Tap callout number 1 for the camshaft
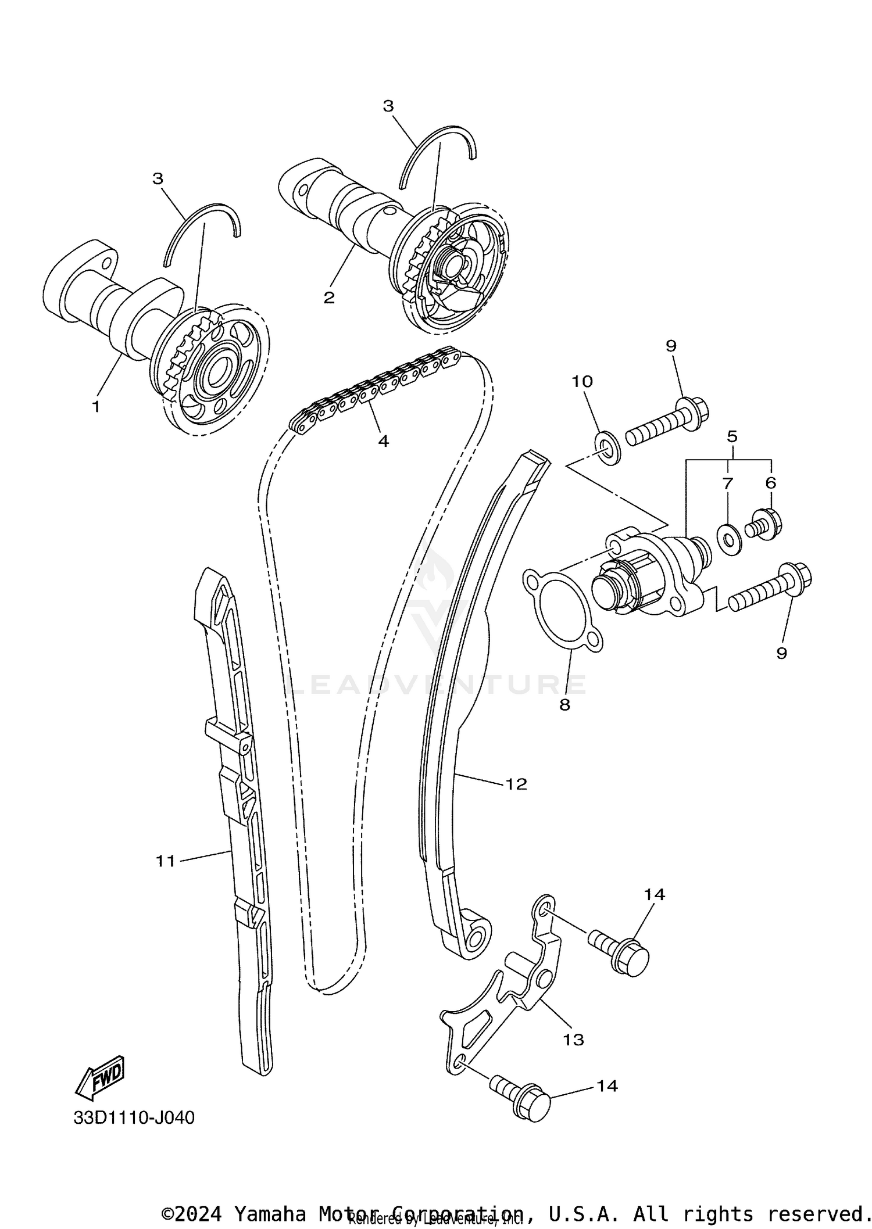pyautogui.click(x=97, y=406)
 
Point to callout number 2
pyautogui.click(x=329, y=298)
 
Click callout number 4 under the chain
pyautogui.click(x=383, y=441)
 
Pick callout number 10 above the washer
pyautogui.click(x=582, y=381)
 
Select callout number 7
pyautogui.click(x=728, y=483)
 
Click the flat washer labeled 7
pyautogui.click(x=729, y=539)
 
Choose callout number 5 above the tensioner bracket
pyautogui.click(x=732, y=436)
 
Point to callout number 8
pyautogui.click(x=564, y=705)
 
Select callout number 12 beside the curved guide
pyautogui.click(x=516, y=784)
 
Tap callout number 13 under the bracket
pyautogui.click(x=573, y=1040)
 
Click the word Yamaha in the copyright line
pyautogui.click(x=270, y=1214)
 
